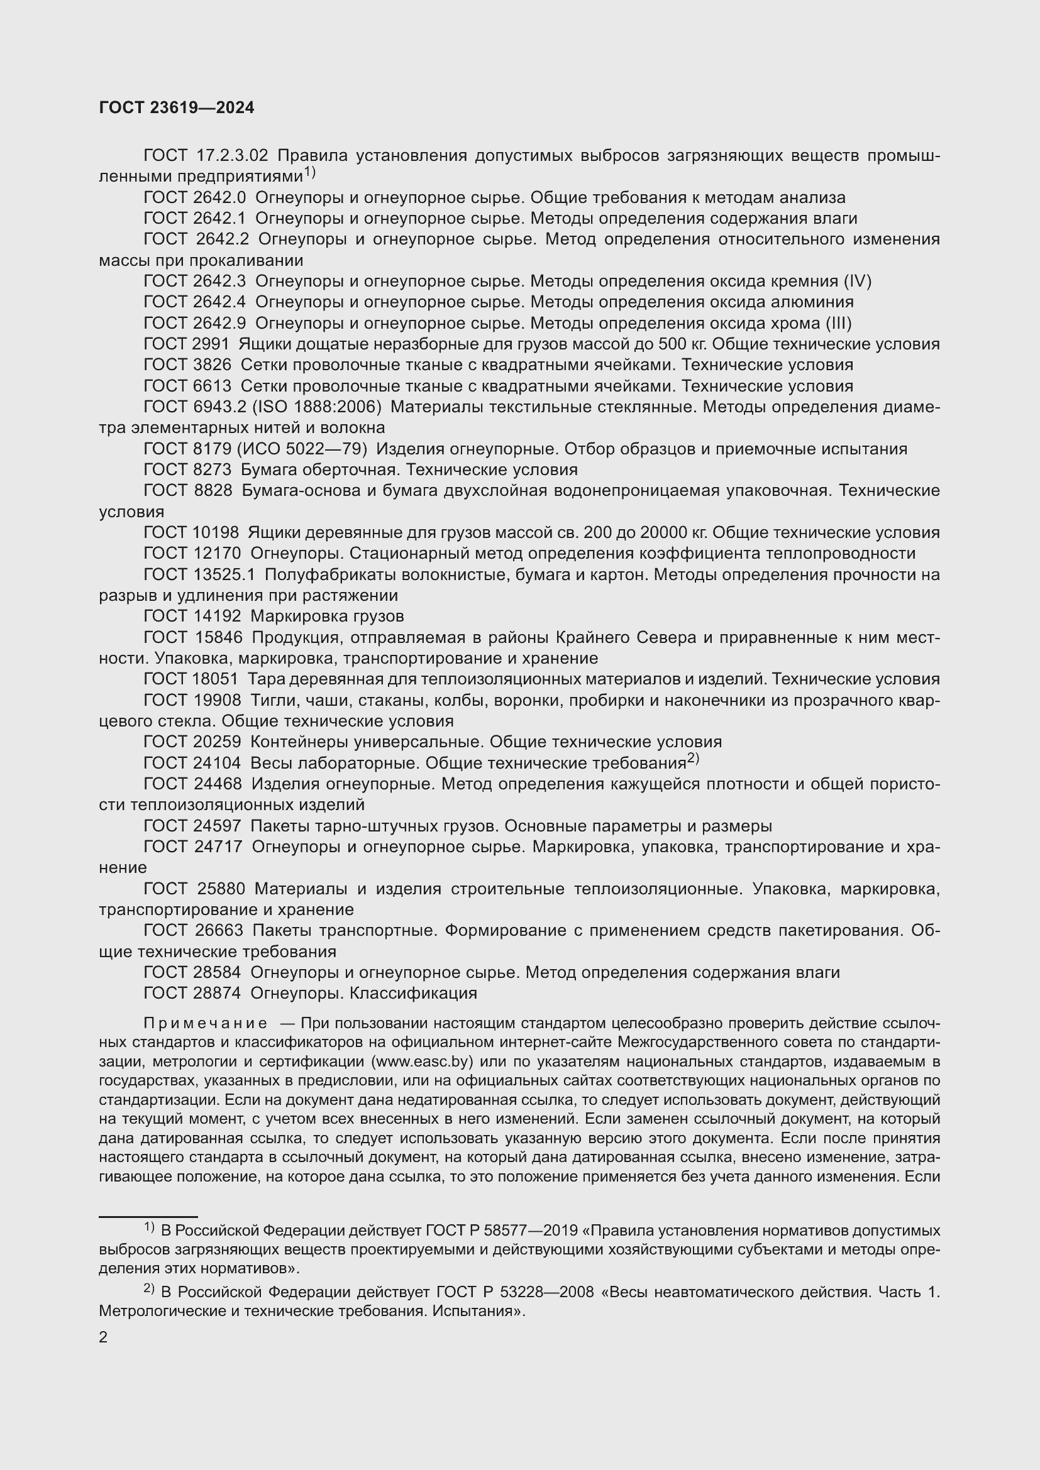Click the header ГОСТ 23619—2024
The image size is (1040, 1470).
coord(177,107)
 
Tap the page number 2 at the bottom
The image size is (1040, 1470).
coord(103,1337)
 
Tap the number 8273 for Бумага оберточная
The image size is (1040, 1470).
coord(212,470)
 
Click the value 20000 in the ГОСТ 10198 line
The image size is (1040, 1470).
coord(662,533)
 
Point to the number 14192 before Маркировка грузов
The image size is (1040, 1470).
coord(216,617)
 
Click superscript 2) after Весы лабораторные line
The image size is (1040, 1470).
coord(693,759)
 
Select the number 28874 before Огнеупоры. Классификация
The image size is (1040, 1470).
coord(216,993)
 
